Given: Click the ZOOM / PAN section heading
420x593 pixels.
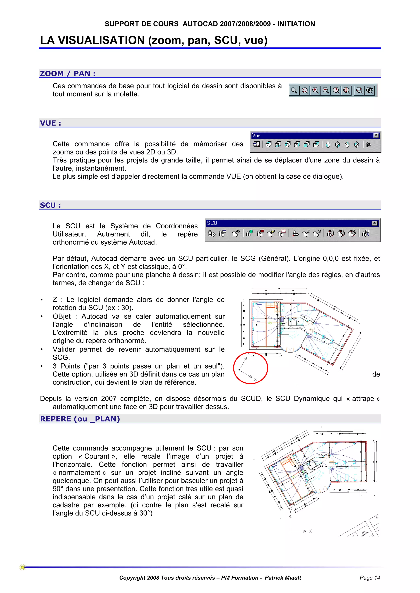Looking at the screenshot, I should (x=68, y=74).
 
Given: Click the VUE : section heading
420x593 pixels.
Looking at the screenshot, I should (x=50, y=123).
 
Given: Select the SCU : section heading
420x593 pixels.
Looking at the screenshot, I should (x=50, y=205).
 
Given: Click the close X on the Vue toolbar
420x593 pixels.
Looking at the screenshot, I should (x=376, y=135).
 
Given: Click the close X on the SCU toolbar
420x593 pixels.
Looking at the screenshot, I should (x=374, y=223).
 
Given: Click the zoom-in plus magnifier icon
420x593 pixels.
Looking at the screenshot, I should (x=315, y=90).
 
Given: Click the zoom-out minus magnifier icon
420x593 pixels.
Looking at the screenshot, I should (x=326, y=90).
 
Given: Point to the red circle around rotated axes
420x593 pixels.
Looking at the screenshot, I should (x=250, y=368).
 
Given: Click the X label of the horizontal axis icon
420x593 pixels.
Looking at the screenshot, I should (x=310, y=531).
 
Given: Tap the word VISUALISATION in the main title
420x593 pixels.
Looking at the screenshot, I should (x=101, y=40).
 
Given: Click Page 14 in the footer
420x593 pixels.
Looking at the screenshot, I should (x=370, y=578).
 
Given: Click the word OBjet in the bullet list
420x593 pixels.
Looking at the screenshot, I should (x=62, y=316).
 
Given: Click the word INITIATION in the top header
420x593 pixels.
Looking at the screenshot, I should (x=296, y=24).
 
